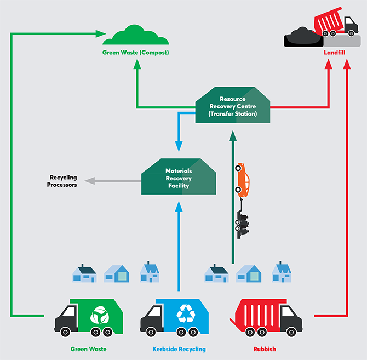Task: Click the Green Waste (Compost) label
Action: (135, 53)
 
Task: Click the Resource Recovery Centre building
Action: (233, 106)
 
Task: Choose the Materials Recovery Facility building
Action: (177, 177)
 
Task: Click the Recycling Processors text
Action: (63, 181)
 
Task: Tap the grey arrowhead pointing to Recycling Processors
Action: (89, 181)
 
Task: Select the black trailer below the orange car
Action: (242, 221)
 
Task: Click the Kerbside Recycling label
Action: (179, 349)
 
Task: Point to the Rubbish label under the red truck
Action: (264, 349)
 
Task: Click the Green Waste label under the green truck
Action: (88, 349)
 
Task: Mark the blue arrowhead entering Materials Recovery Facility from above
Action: (178, 146)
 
